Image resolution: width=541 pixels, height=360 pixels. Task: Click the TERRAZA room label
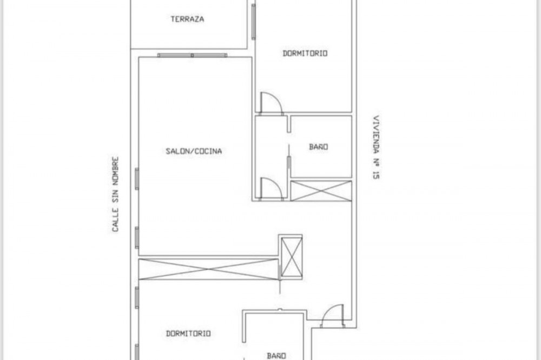point(187,19)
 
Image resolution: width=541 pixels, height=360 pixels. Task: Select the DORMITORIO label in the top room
point(305,54)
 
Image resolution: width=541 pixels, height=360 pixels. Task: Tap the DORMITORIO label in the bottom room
point(188,334)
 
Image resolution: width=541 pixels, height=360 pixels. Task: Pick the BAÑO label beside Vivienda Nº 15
point(319,147)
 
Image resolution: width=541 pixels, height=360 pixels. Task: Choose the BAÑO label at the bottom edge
point(276,356)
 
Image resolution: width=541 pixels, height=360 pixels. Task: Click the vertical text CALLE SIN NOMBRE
point(115,195)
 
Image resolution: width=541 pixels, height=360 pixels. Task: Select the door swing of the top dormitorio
point(271,102)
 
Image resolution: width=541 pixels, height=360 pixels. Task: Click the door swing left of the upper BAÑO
point(271,188)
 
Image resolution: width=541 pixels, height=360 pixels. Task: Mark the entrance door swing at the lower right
point(332,316)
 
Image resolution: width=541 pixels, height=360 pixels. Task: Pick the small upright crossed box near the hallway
point(292,257)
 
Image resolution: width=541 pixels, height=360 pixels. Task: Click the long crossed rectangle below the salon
point(208,269)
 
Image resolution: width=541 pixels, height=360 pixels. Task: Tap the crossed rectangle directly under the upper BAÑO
point(321,190)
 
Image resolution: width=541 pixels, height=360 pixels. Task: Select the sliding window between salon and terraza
point(192,55)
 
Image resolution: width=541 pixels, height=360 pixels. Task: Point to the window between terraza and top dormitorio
point(254,22)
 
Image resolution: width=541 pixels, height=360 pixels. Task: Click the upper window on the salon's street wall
point(137,178)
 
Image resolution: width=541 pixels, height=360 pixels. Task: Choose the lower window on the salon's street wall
point(137,237)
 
